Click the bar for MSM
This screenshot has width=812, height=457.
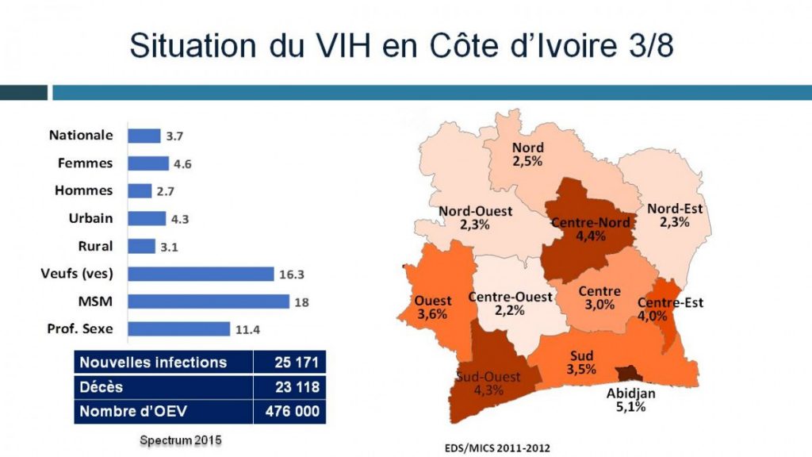coord(209,301)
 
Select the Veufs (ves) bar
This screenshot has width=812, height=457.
coord(201,274)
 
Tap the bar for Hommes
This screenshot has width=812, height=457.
coord(140,191)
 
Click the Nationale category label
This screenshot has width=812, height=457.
coord(81,136)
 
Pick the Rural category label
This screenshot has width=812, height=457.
coord(95,246)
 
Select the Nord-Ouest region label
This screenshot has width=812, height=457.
coord(476,217)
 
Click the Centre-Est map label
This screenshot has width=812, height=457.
coord(670,309)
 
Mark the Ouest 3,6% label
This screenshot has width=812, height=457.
coord(432,307)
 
